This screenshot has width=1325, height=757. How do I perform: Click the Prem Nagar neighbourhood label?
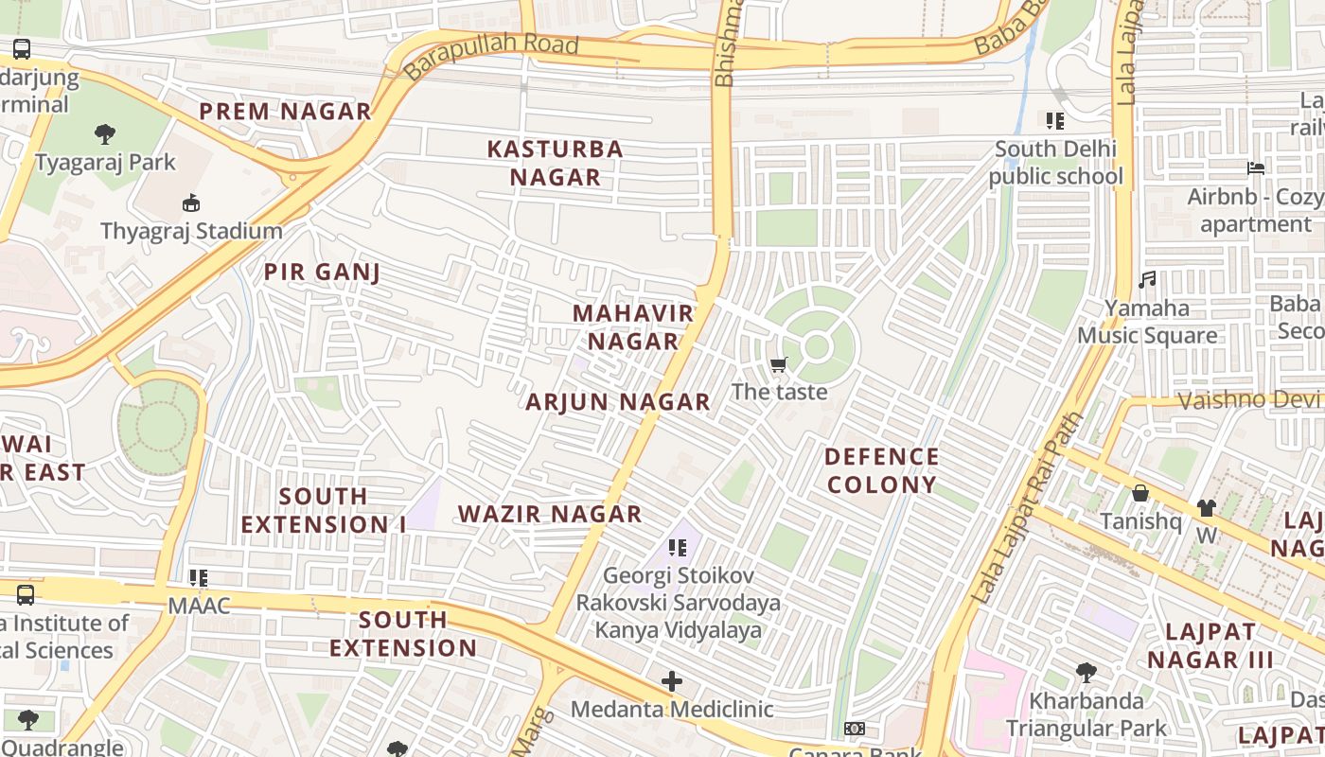(285, 112)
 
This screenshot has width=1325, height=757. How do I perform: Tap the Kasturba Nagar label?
(556, 163)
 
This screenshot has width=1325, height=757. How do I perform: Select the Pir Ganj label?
(322, 273)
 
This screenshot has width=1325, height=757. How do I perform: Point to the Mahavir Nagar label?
(633, 327)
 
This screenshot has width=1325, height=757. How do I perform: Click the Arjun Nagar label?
(618, 402)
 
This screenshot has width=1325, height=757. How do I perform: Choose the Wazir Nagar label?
(550, 515)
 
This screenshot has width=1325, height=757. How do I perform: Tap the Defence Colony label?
(881, 470)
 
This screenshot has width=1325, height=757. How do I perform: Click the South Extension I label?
(323, 510)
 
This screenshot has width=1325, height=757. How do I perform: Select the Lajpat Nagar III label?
(1210, 645)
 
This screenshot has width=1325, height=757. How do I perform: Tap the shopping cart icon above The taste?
(779, 365)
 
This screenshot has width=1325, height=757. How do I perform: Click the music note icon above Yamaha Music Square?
(1147, 280)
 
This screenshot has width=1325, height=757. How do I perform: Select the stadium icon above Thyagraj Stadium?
(191, 202)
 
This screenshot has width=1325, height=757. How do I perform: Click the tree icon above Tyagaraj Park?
(105, 133)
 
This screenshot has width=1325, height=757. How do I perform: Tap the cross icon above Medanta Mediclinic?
(672, 681)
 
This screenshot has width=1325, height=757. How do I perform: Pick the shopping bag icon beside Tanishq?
(1140, 493)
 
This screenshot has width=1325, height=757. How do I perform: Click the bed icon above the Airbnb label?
(1256, 168)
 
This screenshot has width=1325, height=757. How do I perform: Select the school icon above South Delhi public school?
(1055, 121)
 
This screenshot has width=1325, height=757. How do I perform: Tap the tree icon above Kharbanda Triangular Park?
(1086, 673)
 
